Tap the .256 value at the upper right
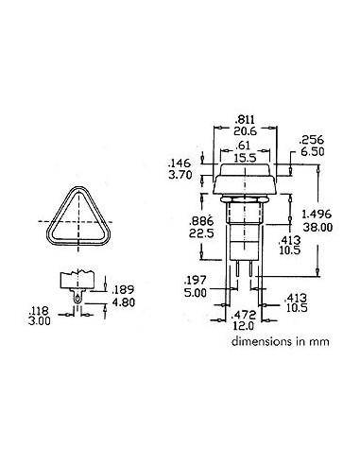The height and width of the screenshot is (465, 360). pos(312,138)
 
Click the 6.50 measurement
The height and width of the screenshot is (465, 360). pos(312,150)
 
